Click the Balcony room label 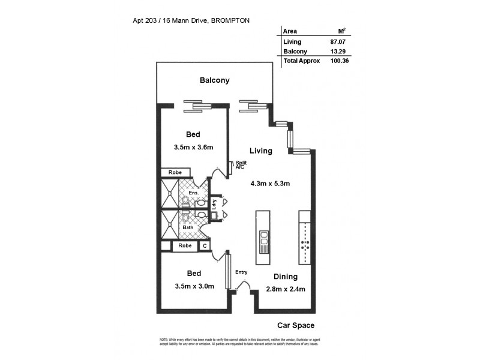click(215, 80)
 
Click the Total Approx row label click(301, 61)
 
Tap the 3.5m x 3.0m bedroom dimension click(193, 286)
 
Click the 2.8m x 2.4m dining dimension click(286, 289)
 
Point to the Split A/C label click(241, 165)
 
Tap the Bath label click(188, 227)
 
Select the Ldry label click(214, 204)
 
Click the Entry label click(241, 272)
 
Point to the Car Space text click(296, 326)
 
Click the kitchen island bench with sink click(263, 237)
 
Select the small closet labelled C click(205, 245)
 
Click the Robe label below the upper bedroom click(175, 172)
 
